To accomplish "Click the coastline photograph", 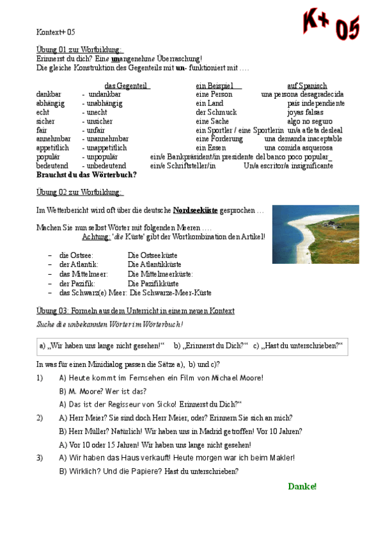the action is [315, 234].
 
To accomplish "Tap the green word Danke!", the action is [302, 486].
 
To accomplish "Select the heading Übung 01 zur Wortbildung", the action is [80, 49].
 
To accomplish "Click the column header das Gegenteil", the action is [127, 85].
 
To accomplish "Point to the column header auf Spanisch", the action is [307, 85].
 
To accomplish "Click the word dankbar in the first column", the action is [49, 94].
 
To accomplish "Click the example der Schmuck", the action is [216, 112].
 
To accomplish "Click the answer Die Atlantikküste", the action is [154, 264].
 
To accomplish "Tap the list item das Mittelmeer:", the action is [84, 273].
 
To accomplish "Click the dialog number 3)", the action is [40, 458].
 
